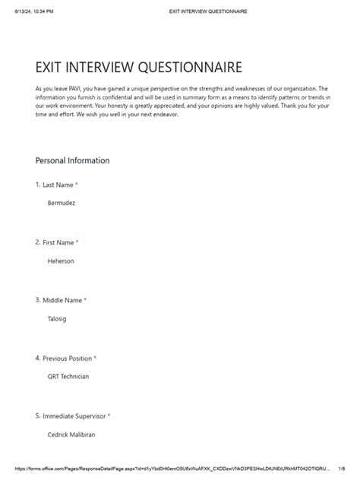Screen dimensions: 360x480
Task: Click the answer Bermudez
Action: pos(62,204)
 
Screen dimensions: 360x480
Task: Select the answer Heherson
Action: pos(61,261)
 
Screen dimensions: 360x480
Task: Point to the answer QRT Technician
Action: pos(68,377)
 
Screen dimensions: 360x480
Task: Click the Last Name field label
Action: pos(58,185)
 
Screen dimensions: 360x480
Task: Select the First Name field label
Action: pos(58,242)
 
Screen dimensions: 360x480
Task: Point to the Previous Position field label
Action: pos(67,358)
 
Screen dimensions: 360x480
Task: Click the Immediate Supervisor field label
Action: pos(74,415)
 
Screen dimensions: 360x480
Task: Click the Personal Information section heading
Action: pos(72,161)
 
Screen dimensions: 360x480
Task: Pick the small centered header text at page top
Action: pos(207,11)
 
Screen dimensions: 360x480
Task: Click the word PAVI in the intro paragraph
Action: pos(75,89)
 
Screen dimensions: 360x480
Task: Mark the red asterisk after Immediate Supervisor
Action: pos(109,415)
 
